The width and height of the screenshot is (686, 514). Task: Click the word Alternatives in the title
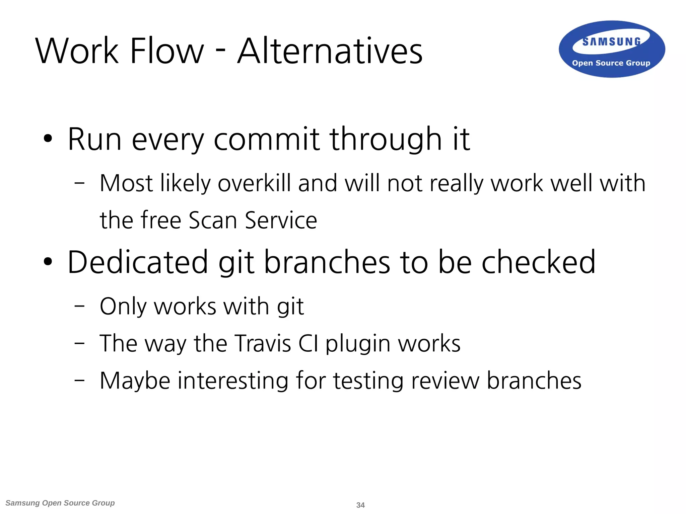coord(330,51)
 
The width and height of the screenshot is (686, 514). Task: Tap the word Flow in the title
coord(166,51)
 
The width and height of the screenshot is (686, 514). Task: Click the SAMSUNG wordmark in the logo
coord(611,42)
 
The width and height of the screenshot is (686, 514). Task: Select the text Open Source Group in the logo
coord(611,63)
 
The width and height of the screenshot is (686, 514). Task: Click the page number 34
coord(360,505)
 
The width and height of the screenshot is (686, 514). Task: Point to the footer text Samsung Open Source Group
coord(60,503)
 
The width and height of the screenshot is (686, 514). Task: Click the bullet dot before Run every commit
coord(48,139)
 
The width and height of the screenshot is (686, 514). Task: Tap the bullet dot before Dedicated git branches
coord(48,262)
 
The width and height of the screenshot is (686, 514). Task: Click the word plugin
coord(358,344)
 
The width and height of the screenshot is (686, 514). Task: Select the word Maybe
coord(135,381)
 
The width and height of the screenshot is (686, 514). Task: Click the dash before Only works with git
coord(79,306)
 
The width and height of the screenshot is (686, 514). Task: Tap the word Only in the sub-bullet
coord(123,306)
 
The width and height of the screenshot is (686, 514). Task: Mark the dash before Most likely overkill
coord(79,183)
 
